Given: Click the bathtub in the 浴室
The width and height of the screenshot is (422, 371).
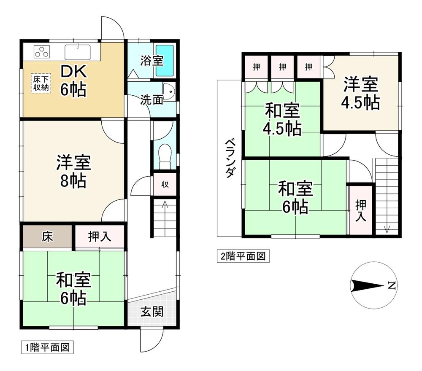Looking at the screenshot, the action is pos(165,60).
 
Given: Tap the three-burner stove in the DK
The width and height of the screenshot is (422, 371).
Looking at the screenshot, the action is pos(42,51).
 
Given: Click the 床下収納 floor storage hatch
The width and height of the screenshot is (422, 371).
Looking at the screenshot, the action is pos(41,83).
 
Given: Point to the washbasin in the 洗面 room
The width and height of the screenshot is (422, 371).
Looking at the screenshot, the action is pos(169,91).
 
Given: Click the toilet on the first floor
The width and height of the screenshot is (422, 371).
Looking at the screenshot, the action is pos(165,156).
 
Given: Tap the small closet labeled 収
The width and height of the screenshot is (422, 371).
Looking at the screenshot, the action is pos(165,184).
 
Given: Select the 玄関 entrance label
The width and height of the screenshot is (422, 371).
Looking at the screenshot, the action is pos(152,312).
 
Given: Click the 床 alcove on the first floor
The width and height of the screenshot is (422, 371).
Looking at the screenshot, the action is pos(47,237).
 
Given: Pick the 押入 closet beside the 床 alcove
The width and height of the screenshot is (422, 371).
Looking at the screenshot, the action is pos(100,237).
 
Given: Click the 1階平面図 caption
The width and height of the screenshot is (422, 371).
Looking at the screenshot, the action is pos(47,348).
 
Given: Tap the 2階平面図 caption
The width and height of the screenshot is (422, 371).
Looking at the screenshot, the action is pos(243,256).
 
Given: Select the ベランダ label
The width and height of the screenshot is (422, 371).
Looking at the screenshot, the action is pos(229,159).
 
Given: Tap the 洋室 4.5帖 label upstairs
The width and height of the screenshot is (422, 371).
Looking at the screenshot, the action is pos(361,93).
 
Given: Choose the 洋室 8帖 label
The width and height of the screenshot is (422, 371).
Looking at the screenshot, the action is pos(73,171).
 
